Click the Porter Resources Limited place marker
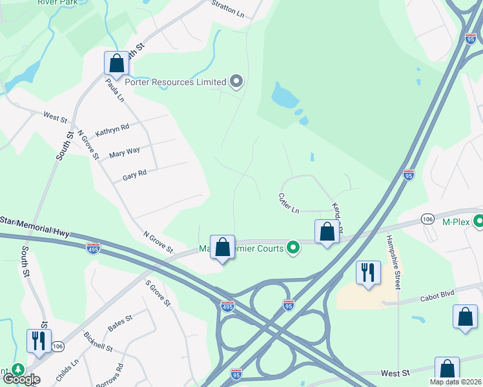pos(236,82)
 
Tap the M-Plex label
pos(454,222)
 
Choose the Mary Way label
pos(125,152)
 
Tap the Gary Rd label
pos(135,174)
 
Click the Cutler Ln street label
pos(289,203)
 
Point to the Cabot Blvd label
pos(436,293)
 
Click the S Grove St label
pos(158,293)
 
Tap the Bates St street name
pos(120,323)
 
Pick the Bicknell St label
pos(98,342)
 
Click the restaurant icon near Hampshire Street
pos(368,272)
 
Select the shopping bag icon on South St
pos(116,63)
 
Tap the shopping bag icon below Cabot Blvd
pos(465,317)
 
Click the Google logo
pos(21,379)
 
